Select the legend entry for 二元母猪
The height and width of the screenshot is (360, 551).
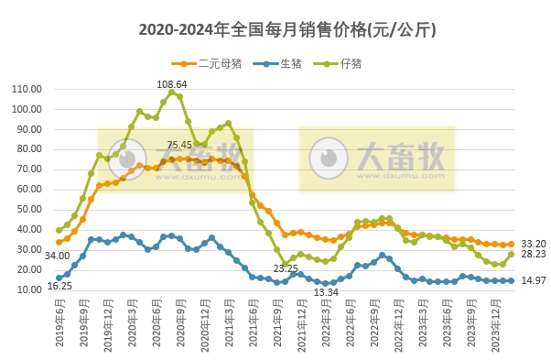coord(207,63)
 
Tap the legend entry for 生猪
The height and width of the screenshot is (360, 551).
coord(280,63)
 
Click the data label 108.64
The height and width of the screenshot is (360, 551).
coord(171,84)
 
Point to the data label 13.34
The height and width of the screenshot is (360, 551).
coord(326,292)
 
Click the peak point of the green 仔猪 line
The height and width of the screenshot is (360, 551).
coord(171,93)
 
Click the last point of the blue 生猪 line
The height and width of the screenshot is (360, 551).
coord(511,280)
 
